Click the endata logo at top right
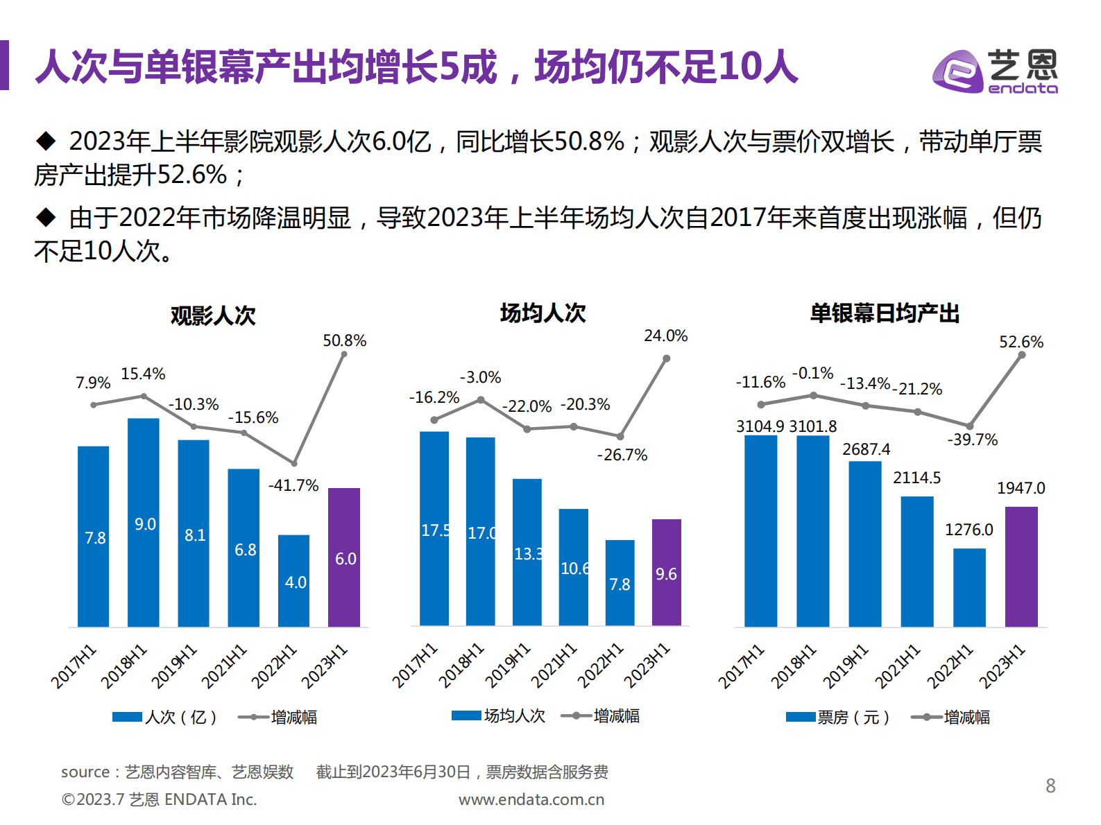tap(995, 71)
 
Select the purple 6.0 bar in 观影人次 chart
tap(344, 557)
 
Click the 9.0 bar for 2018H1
tap(144, 523)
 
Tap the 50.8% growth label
tap(344, 340)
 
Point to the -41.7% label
tap(293, 485)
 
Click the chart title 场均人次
tap(543, 313)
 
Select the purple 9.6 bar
tap(666, 573)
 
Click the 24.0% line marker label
tap(665, 336)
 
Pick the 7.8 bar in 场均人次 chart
tap(620, 583)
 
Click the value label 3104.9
tap(760, 426)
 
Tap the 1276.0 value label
tap(968, 530)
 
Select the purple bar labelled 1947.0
tap(1021, 566)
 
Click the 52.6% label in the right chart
tap(1021, 342)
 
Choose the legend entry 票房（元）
tap(838, 717)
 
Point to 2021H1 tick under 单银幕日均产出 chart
tap(898, 666)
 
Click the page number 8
tap(1050, 785)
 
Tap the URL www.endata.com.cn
tap(531, 799)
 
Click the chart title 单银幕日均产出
tap(885, 313)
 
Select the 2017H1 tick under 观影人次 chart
tap(74, 666)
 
